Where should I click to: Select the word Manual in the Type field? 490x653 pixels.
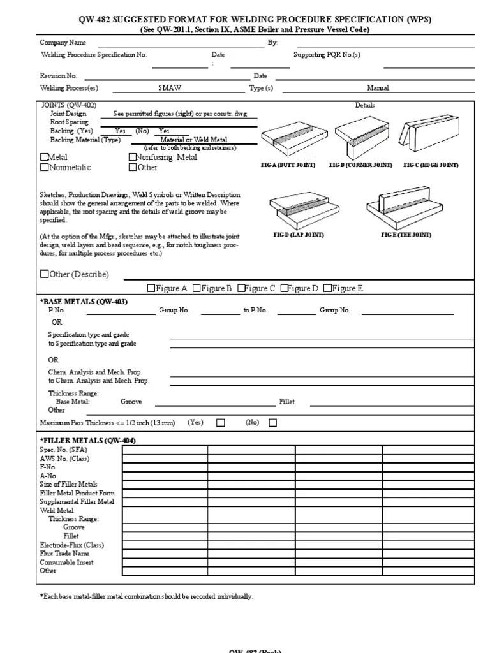point(378,89)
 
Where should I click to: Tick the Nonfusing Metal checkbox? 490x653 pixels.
point(133,157)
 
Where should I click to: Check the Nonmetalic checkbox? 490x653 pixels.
point(44,168)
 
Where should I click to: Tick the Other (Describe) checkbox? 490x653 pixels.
point(44,275)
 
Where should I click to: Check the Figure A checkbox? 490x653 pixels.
point(151,288)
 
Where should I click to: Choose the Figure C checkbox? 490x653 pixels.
point(242,288)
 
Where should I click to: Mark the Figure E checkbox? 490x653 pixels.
point(327,288)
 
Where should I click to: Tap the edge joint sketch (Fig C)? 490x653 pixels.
point(427,135)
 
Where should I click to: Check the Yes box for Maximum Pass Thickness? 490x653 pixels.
point(221,422)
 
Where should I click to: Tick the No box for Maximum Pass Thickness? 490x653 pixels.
point(273,422)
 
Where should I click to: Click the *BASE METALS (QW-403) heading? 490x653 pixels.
point(84,302)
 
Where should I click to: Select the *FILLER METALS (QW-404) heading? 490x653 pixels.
point(88,441)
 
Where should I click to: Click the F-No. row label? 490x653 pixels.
point(49,467)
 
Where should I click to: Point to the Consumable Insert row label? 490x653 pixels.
point(66,562)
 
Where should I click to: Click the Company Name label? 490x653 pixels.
point(63,43)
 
